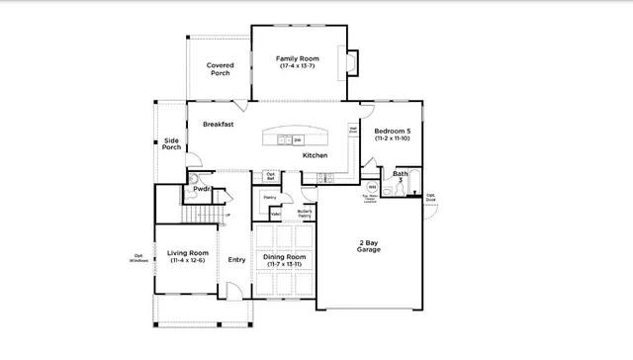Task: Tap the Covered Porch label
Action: point(220,69)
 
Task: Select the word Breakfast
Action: point(218,125)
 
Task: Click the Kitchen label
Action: point(315,155)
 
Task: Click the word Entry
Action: point(237,260)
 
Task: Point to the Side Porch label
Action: point(172,144)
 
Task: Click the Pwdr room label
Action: point(202,188)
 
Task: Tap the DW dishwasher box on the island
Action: point(297,140)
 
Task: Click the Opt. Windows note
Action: point(139,260)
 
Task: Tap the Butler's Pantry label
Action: point(305,213)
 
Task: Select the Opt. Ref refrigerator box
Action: point(270,177)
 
